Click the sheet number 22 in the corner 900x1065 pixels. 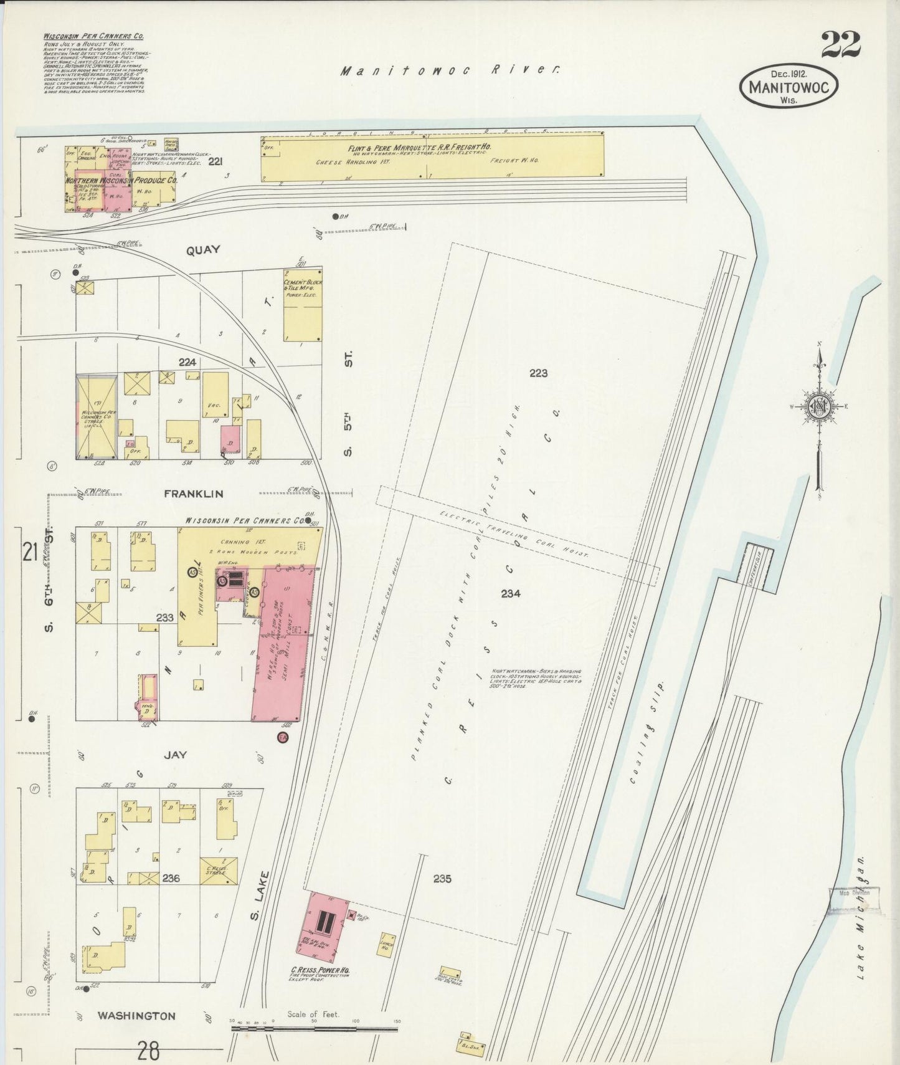tap(840, 44)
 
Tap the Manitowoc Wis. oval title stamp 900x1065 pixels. tap(789, 87)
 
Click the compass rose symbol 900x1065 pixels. tap(818, 407)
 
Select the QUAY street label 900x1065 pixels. tap(203, 250)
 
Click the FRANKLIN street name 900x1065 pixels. tap(193, 494)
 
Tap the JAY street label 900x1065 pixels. tap(175, 755)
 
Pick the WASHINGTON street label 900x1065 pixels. tap(136, 1016)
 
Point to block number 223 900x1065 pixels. tap(538, 373)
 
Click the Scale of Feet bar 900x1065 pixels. tap(314, 1028)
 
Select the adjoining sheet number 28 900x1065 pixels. tap(148, 1051)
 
